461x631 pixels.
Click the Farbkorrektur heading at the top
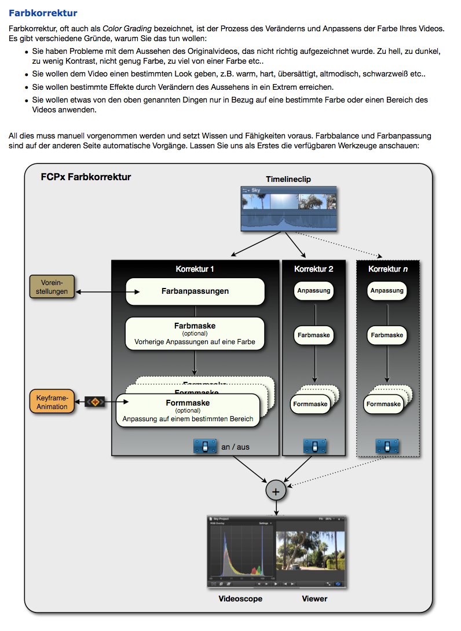coord(43,13)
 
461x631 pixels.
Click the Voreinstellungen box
coord(52,287)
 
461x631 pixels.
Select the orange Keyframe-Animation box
coord(52,402)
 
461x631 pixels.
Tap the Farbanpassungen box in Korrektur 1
coord(195,291)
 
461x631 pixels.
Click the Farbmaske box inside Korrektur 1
coord(195,333)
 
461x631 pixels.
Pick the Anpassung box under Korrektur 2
coord(314,290)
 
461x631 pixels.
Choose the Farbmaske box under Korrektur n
coord(387,335)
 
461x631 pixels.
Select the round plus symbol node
coord(276,491)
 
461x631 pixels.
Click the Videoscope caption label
coord(240,598)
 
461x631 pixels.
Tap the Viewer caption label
coord(314,598)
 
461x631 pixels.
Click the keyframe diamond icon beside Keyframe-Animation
coord(96,402)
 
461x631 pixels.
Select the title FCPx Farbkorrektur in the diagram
coord(86,177)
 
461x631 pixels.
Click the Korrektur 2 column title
coord(314,269)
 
